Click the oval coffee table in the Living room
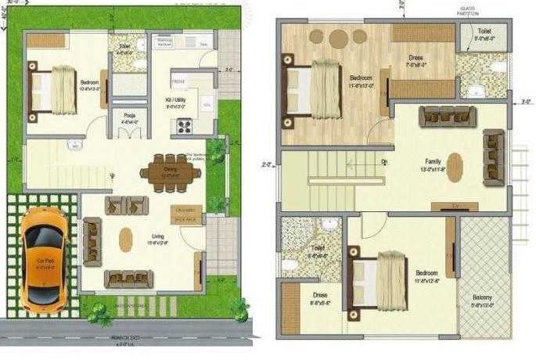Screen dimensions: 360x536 click(x=126, y=239)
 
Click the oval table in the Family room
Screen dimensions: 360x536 click(x=455, y=167)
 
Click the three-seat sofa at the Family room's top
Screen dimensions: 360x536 click(x=444, y=117)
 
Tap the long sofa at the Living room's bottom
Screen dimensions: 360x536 click(x=128, y=279)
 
